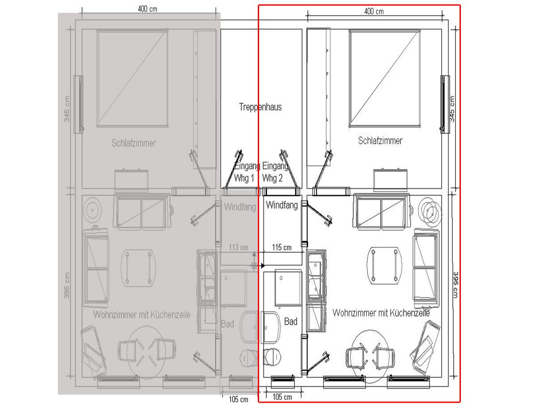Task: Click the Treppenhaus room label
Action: (260, 107)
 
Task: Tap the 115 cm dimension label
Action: (282, 247)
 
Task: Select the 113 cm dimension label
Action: (239, 247)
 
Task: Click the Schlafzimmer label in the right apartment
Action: (380, 141)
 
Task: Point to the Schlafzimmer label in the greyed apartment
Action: (134, 143)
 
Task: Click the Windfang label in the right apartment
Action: (282, 206)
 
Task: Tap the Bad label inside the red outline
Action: (291, 322)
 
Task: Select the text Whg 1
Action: (244, 178)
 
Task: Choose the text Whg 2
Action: (273, 178)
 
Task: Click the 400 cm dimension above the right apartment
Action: (374, 11)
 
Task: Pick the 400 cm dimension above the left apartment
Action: (148, 9)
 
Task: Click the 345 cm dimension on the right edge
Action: (452, 109)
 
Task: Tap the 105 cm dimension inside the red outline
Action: (282, 397)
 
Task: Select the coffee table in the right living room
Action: (384, 266)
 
